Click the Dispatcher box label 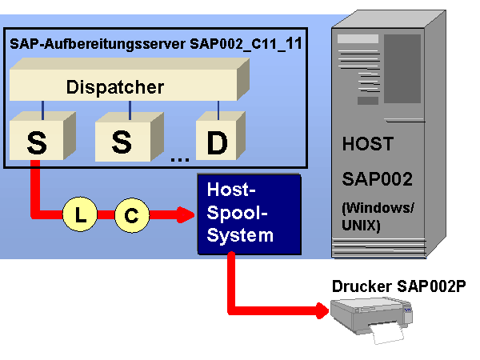pyautogui.click(x=115, y=87)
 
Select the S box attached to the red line pyautogui.click(x=42, y=136)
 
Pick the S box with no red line pyautogui.click(x=129, y=137)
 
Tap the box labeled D pyautogui.click(x=221, y=136)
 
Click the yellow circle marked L pyautogui.click(x=80, y=214)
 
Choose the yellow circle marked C pyautogui.click(x=132, y=215)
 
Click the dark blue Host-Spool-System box pyautogui.click(x=249, y=214)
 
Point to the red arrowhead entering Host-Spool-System pyautogui.click(x=186, y=214)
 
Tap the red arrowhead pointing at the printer pyautogui.click(x=322, y=311)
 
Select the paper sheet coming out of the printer pyautogui.click(x=386, y=333)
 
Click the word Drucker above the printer pyautogui.click(x=362, y=286)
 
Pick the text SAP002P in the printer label pyautogui.click(x=431, y=286)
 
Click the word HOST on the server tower pyautogui.click(x=368, y=144)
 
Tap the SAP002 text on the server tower pyautogui.click(x=377, y=178)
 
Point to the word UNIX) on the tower pyautogui.click(x=361, y=226)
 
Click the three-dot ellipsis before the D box pyautogui.click(x=180, y=159)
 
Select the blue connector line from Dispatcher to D pyautogui.click(x=218, y=110)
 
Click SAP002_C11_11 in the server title pyautogui.click(x=246, y=43)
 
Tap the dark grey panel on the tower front pyautogui.click(x=402, y=69)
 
